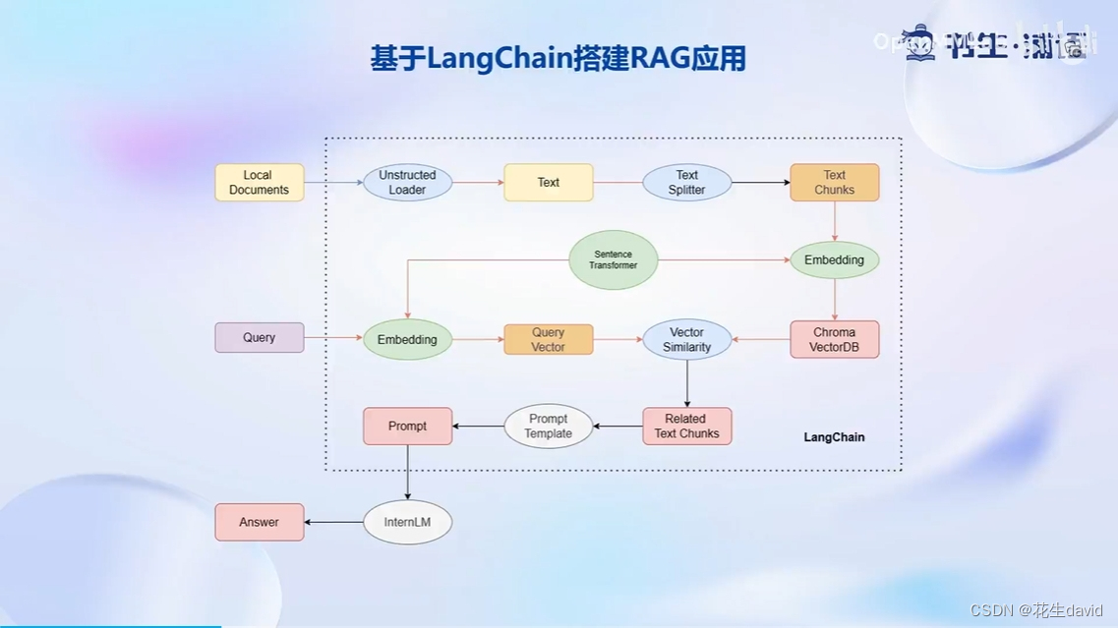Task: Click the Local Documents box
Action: point(260,183)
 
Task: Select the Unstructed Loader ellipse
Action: point(407,183)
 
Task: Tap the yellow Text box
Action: point(549,183)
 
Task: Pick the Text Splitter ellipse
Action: point(686,183)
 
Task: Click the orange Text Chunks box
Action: point(834,183)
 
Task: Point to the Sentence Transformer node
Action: point(613,260)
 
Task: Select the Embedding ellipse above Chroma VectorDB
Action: point(834,260)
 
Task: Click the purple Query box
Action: point(260,338)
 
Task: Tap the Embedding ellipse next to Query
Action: point(407,340)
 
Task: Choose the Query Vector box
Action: point(549,340)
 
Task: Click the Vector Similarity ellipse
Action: point(686,340)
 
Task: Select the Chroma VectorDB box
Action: point(834,340)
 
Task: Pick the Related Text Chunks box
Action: point(686,427)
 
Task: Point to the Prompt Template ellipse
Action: point(549,427)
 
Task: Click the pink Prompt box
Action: point(407,427)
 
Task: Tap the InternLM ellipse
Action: point(407,523)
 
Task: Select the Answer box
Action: point(260,523)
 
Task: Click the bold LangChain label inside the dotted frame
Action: point(834,437)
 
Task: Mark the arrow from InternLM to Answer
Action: point(333,523)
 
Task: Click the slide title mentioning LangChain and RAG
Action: point(558,59)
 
